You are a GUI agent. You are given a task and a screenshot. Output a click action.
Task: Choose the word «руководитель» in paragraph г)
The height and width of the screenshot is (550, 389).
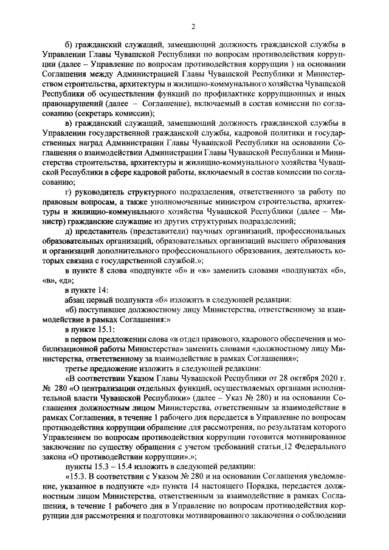point(99,193)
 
